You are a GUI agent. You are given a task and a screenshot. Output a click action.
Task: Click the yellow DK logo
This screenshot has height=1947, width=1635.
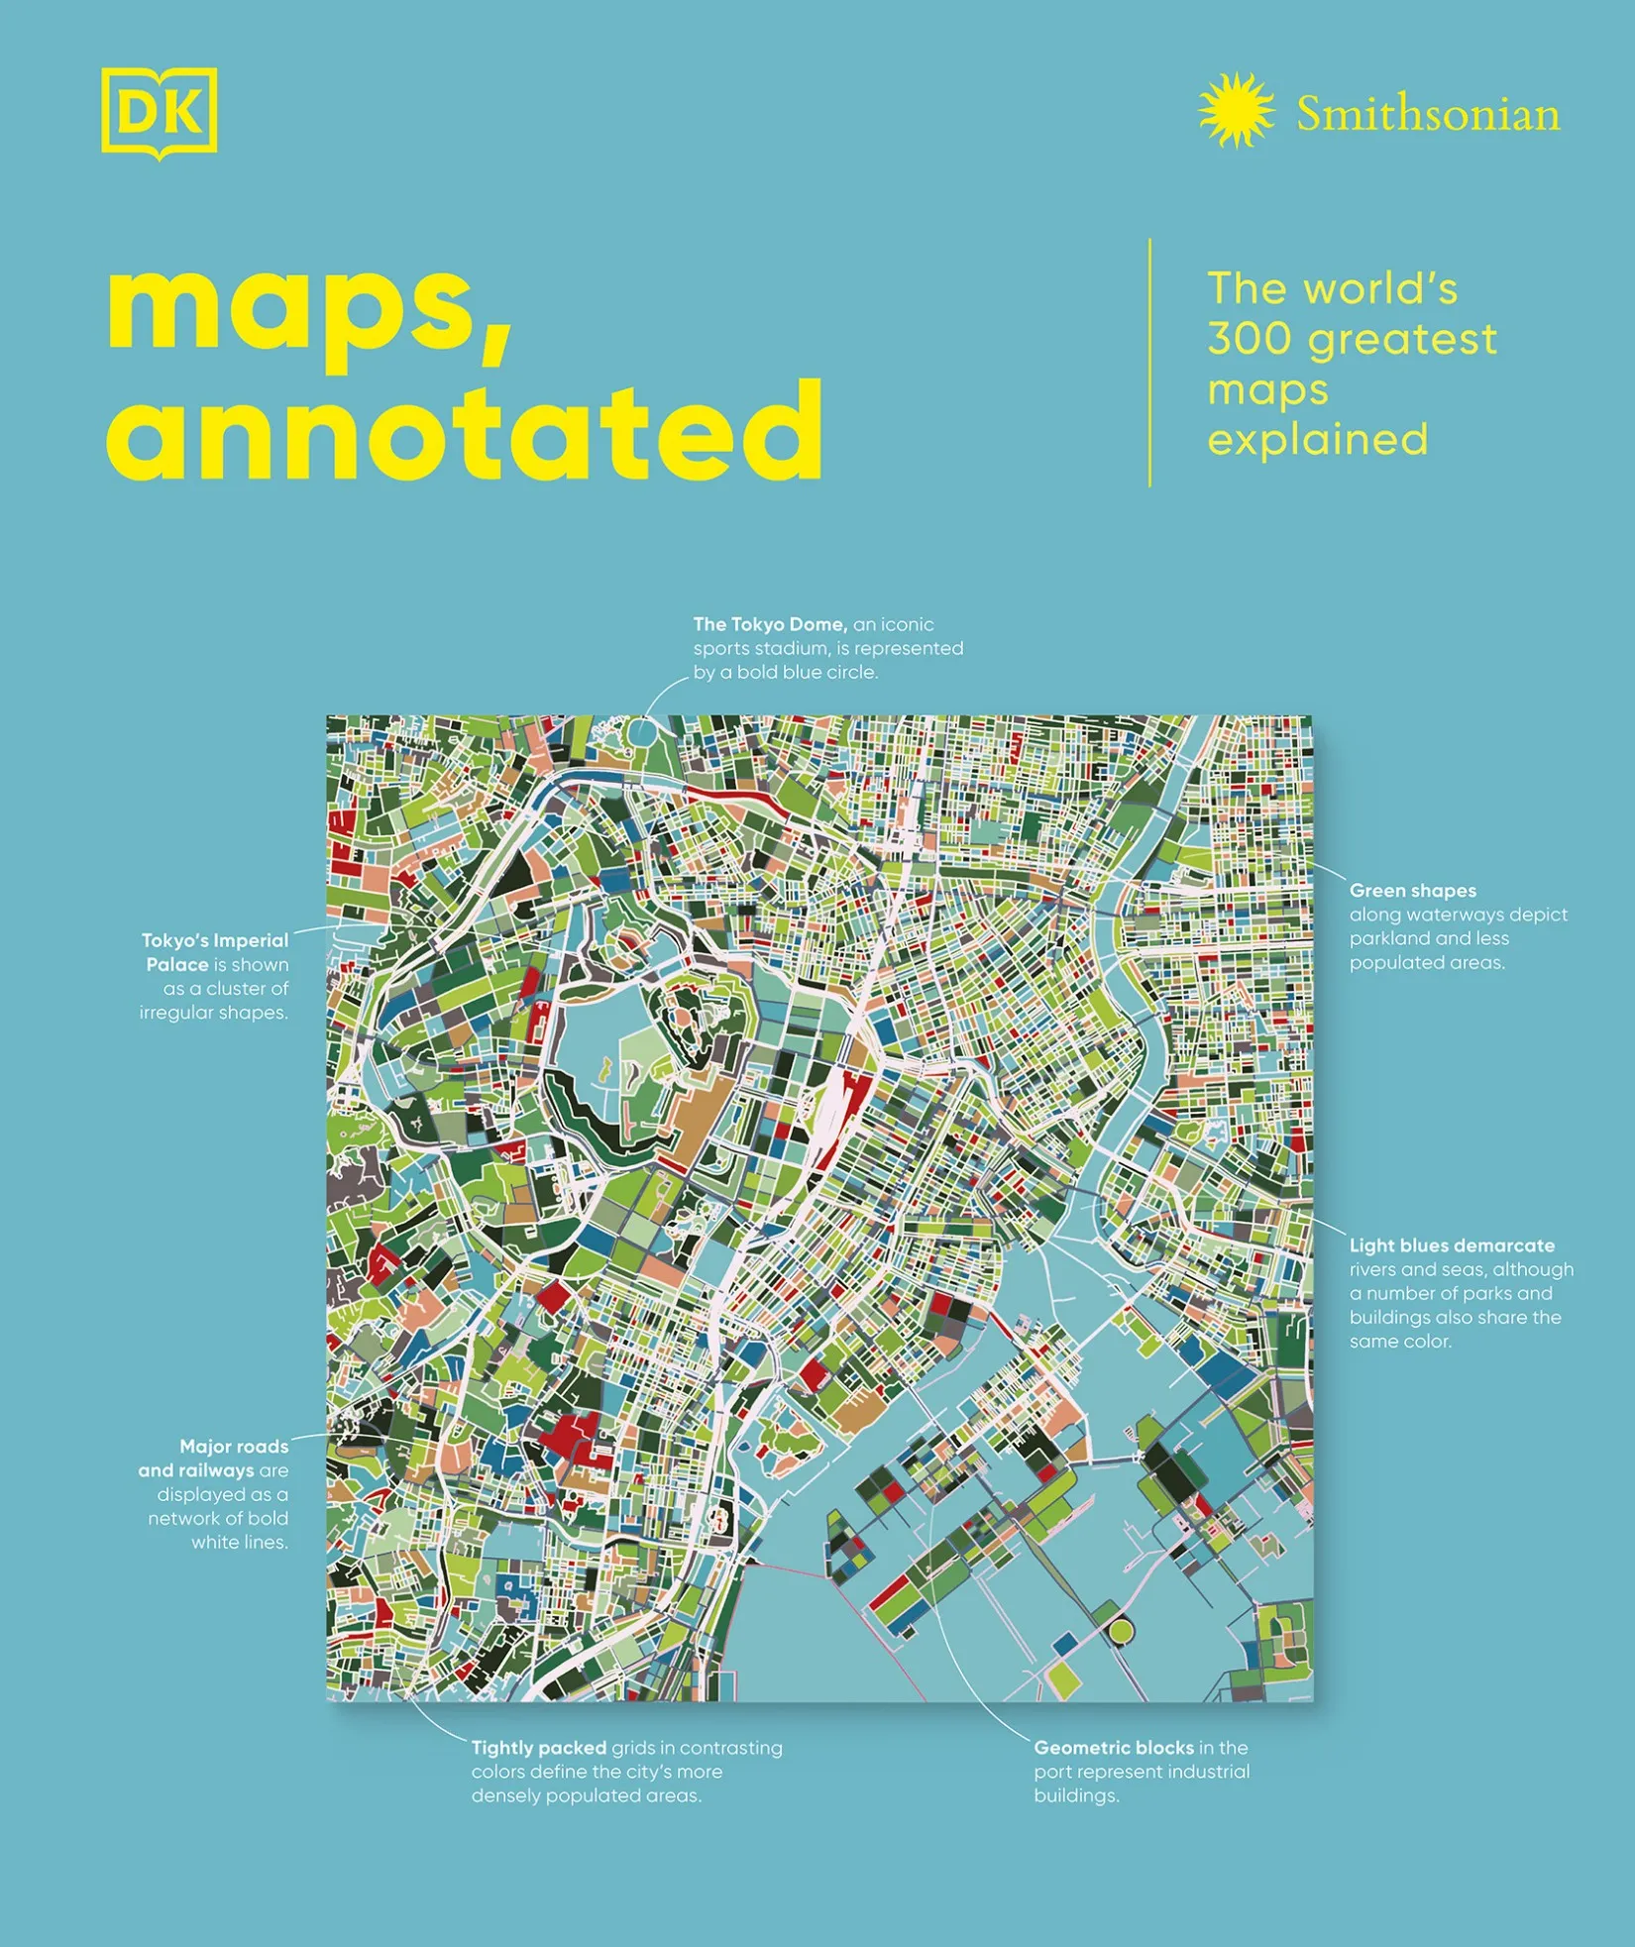point(159,112)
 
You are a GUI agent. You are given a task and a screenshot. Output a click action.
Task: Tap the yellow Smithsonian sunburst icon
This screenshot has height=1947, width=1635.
point(1236,110)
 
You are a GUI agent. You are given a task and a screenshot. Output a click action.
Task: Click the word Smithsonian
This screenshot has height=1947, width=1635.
point(1428,115)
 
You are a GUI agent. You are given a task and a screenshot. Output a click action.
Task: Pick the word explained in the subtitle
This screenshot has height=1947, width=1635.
point(1318,439)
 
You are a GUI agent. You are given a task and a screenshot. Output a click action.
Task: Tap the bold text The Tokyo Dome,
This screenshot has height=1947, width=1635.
point(770,624)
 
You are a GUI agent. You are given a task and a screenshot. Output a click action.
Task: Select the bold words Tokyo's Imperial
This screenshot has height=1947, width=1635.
point(215,940)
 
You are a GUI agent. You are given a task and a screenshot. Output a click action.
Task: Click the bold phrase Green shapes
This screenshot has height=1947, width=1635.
point(1412,891)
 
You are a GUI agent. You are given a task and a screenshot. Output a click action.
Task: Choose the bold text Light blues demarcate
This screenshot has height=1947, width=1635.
point(1452,1245)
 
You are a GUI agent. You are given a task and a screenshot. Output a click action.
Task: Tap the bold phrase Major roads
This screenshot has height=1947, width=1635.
point(234,1447)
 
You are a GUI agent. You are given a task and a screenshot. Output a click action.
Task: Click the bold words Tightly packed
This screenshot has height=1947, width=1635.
point(538,1748)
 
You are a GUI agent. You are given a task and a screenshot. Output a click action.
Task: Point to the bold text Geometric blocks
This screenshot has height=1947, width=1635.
point(1113,1748)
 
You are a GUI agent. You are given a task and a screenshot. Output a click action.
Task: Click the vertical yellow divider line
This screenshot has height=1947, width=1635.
point(1149,363)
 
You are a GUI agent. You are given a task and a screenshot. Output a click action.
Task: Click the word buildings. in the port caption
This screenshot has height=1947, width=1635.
point(1076,1795)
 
